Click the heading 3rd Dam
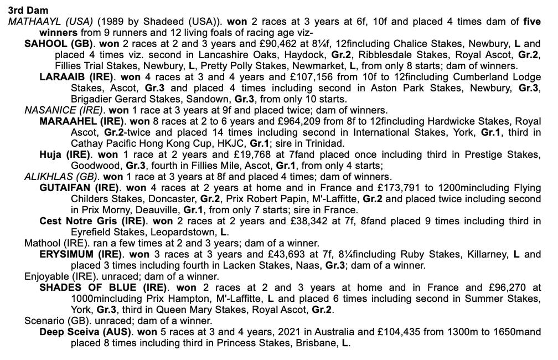tap(28, 11)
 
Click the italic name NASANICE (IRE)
tap(64, 110)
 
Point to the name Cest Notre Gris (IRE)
tap(92, 221)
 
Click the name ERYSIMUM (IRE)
tap(80, 254)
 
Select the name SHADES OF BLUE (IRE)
tap(103, 287)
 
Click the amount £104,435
tap(374, 332)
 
